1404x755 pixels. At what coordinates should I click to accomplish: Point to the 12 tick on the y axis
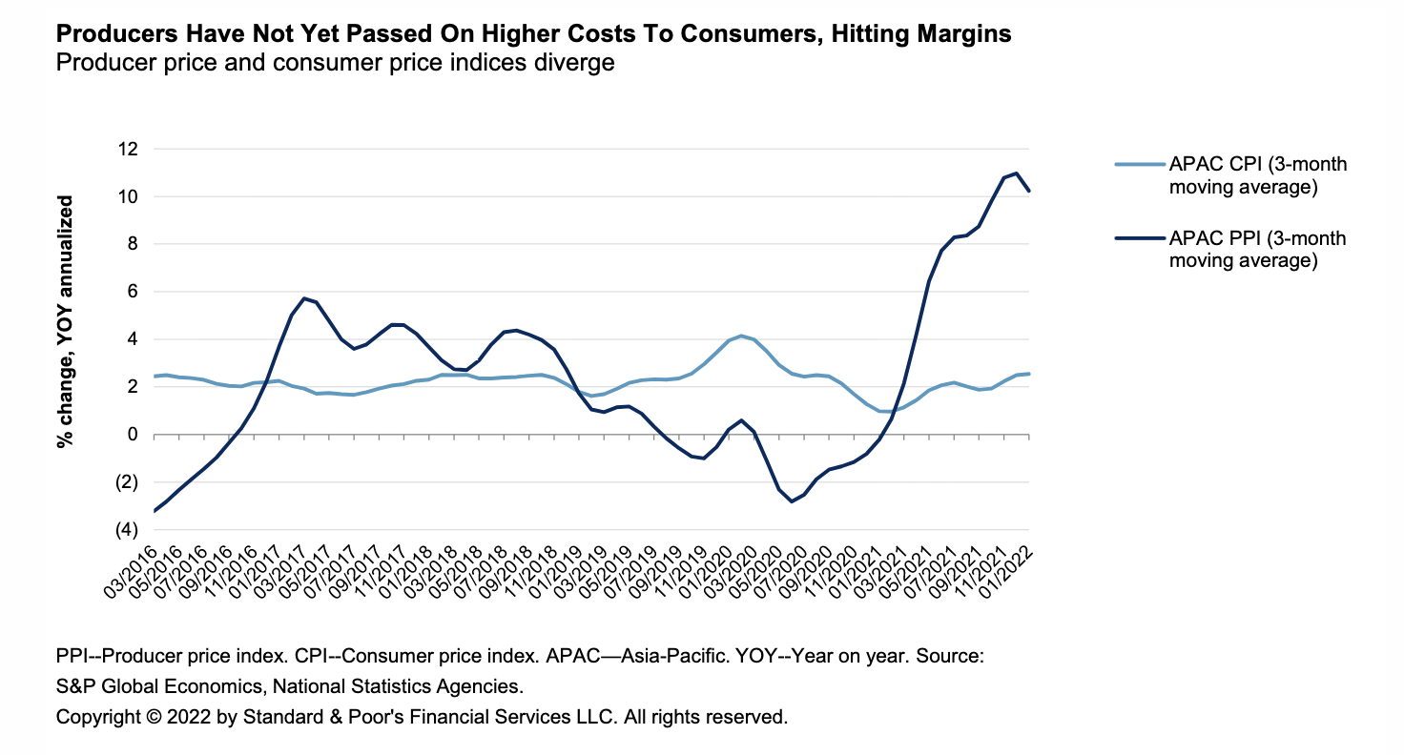click(x=127, y=150)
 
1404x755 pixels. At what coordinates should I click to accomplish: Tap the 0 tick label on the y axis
click(x=132, y=435)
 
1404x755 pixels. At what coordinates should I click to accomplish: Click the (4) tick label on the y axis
click(x=126, y=530)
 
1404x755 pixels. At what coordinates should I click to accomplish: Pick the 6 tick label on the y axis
click(x=132, y=292)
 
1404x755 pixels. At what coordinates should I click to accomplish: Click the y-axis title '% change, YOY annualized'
click(x=66, y=321)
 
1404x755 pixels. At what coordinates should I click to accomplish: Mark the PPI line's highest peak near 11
click(x=1017, y=173)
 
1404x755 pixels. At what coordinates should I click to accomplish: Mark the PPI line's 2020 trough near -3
click(x=791, y=501)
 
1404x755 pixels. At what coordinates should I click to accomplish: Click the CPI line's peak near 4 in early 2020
click(x=741, y=336)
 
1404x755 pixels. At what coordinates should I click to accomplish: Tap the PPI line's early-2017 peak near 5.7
click(x=303, y=298)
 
